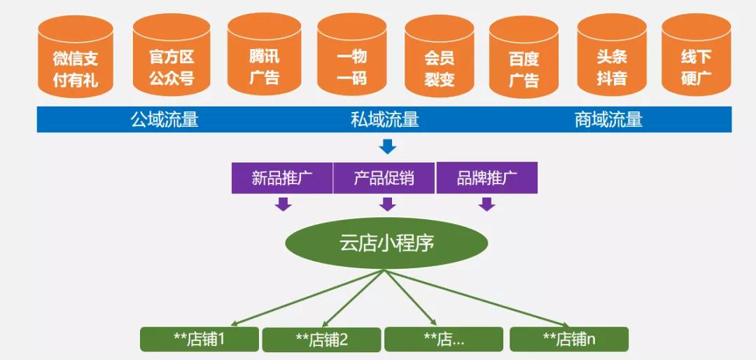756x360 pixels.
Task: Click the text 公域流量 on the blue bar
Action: coord(164,120)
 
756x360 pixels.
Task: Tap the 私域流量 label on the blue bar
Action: coord(384,120)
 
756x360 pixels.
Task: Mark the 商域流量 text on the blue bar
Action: coord(608,120)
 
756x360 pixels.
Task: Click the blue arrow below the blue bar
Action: coord(387,147)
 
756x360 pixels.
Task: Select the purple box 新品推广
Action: coord(282,178)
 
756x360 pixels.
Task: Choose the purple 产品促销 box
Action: coord(384,178)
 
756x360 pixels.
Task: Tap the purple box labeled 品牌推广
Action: coord(487,178)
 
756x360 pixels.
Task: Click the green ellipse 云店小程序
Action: coord(386,244)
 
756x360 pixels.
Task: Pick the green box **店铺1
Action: coord(199,339)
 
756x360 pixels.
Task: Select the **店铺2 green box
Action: coord(321,340)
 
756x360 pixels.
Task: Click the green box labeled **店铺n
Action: coord(568,339)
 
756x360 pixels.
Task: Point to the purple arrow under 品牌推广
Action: coord(487,204)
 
